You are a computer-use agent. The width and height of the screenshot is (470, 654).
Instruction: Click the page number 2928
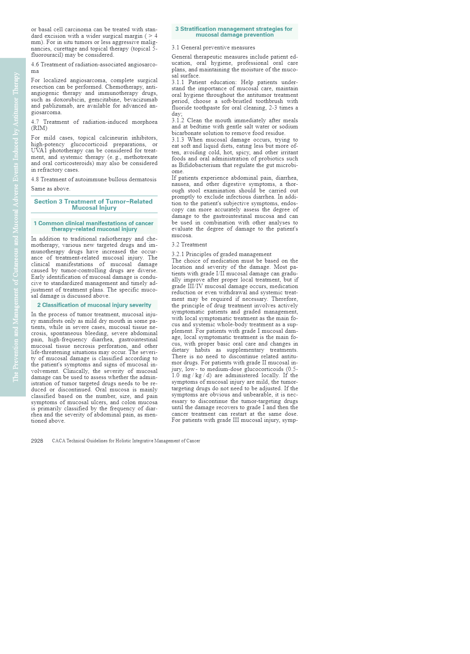[37, 441]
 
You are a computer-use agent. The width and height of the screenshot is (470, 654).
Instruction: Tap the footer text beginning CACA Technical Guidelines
[126, 441]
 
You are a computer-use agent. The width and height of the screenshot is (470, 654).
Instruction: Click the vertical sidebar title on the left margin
[16, 227]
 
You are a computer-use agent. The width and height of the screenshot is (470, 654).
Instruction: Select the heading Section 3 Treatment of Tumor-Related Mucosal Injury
[94, 204]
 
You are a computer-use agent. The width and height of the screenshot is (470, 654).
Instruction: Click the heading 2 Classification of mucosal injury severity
[94, 305]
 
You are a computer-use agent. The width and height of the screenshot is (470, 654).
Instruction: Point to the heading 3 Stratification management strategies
[234, 32]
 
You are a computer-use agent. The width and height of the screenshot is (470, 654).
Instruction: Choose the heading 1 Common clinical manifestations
[94, 226]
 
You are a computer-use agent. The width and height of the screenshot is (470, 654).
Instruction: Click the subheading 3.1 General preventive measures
[213, 47]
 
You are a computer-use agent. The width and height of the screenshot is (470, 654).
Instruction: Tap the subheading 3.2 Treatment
[189, 244]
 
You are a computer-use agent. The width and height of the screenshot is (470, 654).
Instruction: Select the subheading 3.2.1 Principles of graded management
[221, 254]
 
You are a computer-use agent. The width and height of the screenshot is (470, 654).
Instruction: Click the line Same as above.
[51, 189]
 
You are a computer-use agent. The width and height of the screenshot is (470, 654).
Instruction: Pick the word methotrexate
[140, 157]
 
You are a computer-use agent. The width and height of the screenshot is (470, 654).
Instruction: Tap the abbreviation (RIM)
[39, 128]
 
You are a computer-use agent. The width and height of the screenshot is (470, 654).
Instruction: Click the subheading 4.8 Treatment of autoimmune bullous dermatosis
[94, 179]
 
